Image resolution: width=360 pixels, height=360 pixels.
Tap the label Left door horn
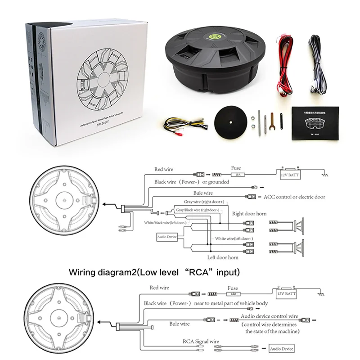click(x=223, y=257)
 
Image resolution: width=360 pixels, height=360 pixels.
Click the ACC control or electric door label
click(x=295, y=197)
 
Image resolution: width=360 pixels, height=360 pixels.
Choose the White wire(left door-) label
click(x=234, y=238)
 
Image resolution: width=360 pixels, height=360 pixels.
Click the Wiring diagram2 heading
click(x=154, y=272)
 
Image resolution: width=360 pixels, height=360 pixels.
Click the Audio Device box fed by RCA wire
click(x=281, y=349)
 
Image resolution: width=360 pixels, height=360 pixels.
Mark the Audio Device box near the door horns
click(x=167, y=236)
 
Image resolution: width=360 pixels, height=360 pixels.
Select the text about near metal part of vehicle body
click(x=231, y=303)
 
